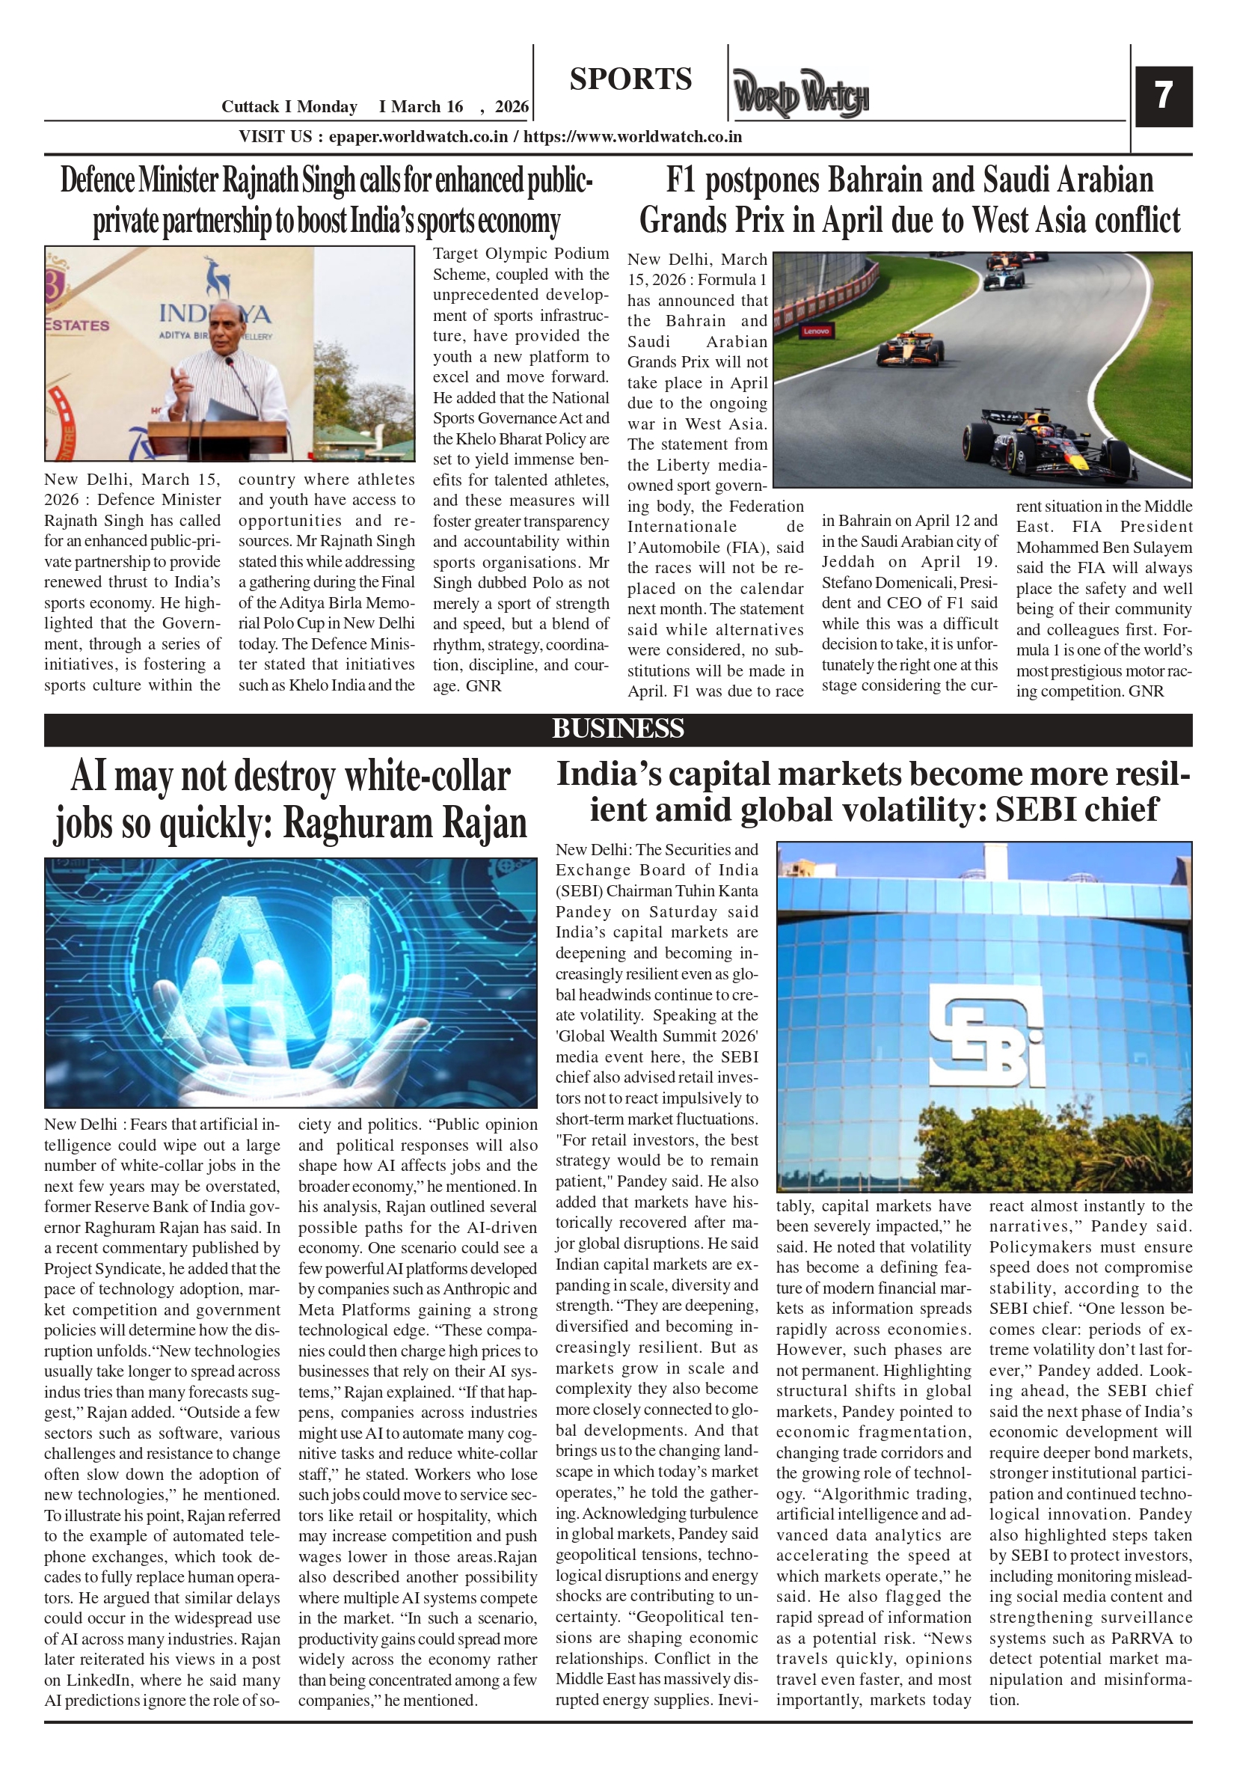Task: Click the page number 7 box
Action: coord(1163,96)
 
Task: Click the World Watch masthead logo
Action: coord(800,94)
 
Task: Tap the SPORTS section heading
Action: coord(630,79)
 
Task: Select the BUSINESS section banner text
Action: coord(617,729)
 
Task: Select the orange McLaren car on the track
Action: coord(910,352)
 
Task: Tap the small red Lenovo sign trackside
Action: coord(816,331)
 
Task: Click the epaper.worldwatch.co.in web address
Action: coord(418,137)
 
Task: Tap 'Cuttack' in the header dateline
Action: coord(251,107)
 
